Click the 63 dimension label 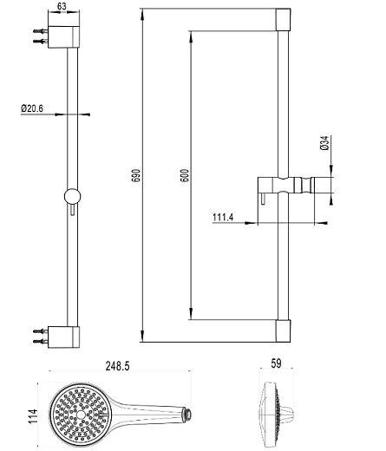tap(62, 6)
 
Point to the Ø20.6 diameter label tap(32, 108)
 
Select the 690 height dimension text tap(136, 175)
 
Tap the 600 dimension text tap(184, 175)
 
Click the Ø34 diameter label tap(324, 143)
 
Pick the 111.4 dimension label tap(223, 217)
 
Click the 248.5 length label tap(118, 366)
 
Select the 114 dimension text tap(33, 416)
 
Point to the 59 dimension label tap(276, 363)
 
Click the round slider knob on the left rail tap(72, 197)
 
